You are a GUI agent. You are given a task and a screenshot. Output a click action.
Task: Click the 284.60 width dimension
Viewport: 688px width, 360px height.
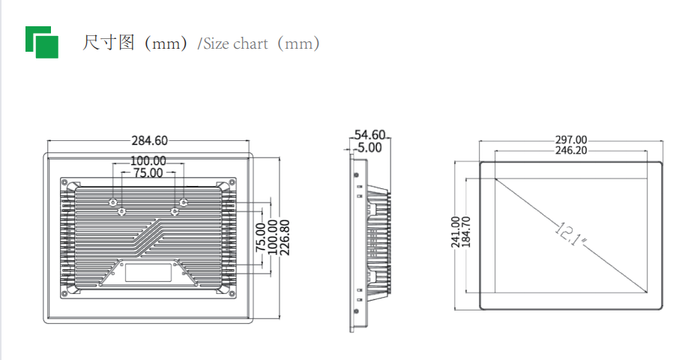[x=150, y=140]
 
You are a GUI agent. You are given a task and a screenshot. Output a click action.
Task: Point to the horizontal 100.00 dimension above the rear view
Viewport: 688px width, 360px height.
[x=148, y=160]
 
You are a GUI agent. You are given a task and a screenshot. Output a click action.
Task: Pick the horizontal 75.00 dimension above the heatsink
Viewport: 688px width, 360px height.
[x=148, y=173]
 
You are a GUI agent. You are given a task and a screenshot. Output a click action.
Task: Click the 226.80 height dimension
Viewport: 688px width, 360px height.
[x=284, y=238]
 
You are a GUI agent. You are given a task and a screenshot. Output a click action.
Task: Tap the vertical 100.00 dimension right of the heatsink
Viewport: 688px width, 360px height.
[x=272, y=238]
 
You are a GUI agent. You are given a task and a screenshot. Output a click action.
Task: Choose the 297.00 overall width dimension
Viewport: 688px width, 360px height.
[x=571, y=139]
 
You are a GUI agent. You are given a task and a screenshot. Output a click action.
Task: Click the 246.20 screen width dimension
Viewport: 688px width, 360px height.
[x=571, y=151]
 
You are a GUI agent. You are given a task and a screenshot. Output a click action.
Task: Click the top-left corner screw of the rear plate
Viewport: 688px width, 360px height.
[x=64, y=184]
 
